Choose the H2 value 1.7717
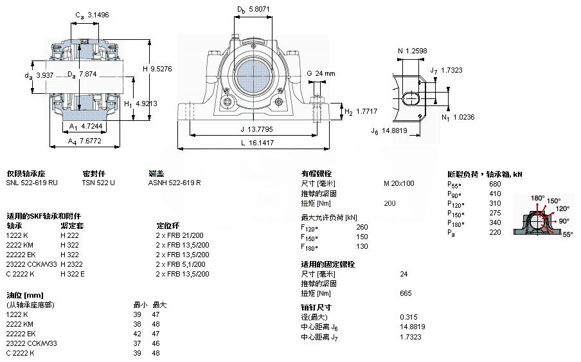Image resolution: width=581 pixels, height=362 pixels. pos(366,111)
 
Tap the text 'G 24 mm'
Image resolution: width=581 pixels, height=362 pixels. pos(321,73)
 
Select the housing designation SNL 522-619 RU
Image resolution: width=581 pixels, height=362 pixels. pos(31,183)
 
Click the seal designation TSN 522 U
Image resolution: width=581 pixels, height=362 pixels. pos(98,183)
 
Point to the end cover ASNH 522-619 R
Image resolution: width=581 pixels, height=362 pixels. pos(174,183)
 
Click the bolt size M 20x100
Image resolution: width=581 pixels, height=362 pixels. pos(398,183)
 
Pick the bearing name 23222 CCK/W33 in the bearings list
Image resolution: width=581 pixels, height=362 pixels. pos(31,264)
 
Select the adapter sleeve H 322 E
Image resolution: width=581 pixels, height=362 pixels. pos(72,273)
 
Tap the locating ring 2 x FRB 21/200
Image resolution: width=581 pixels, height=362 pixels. pos(181,235)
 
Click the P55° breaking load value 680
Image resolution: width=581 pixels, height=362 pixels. pos(495,183)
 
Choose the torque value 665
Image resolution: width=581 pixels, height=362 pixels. pos(406,293)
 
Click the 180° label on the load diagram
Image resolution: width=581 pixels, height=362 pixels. pos(537,197)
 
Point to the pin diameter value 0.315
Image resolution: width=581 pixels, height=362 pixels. pos(407,317)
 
